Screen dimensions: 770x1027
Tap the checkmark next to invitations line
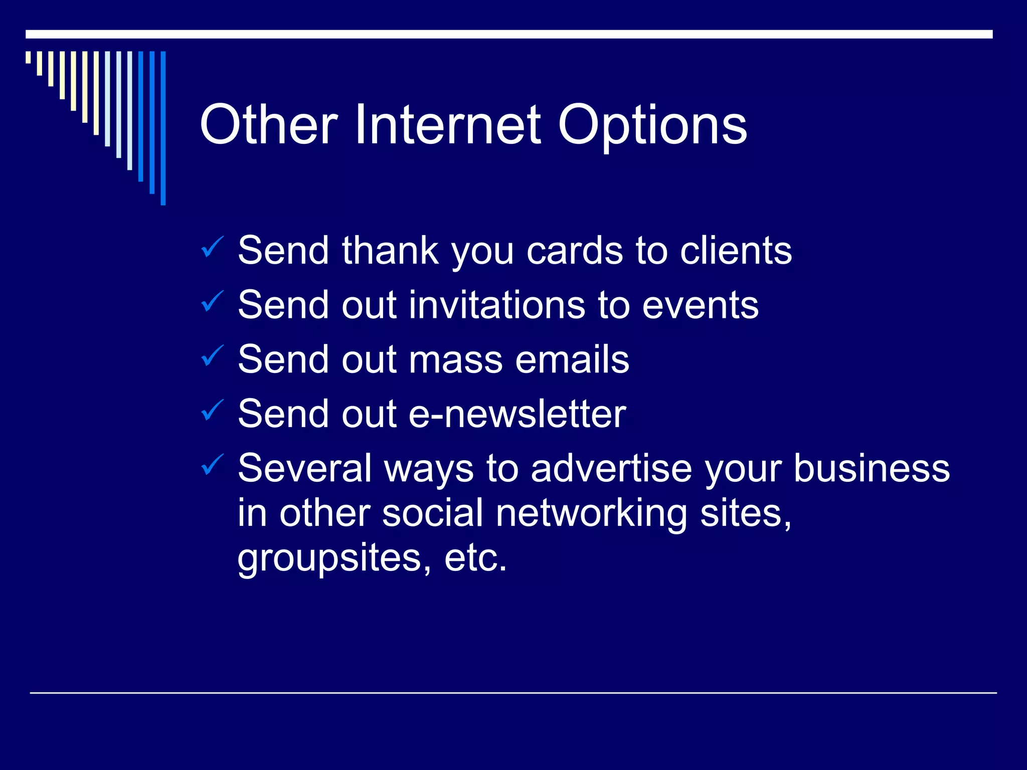[213, 301]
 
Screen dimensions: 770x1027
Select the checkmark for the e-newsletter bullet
[213, 410]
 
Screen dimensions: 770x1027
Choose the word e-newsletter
[517, 414]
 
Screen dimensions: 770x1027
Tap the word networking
[591, 513]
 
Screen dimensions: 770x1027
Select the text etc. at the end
[475, 558]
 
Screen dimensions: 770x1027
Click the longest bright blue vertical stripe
[163, 128]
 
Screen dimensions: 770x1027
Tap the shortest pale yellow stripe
[28, 57]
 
